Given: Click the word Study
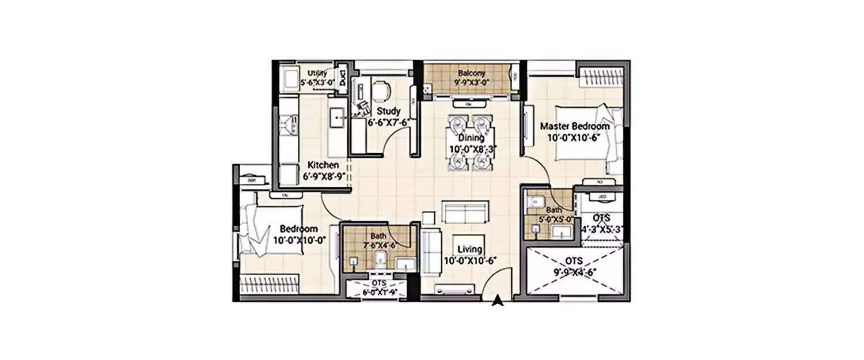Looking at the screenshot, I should (389, 111).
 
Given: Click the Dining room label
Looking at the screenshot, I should (471, 138).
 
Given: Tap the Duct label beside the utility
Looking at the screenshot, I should (343, 77).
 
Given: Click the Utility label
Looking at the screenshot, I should (317, 74).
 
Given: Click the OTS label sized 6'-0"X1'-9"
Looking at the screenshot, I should (378, 284).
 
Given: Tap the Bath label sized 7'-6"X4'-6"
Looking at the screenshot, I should (378, 236).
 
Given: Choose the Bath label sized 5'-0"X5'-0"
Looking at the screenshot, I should (554, 210).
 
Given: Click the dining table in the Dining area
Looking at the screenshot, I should (471, 142).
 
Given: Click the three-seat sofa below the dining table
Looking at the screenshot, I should (465, 213).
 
